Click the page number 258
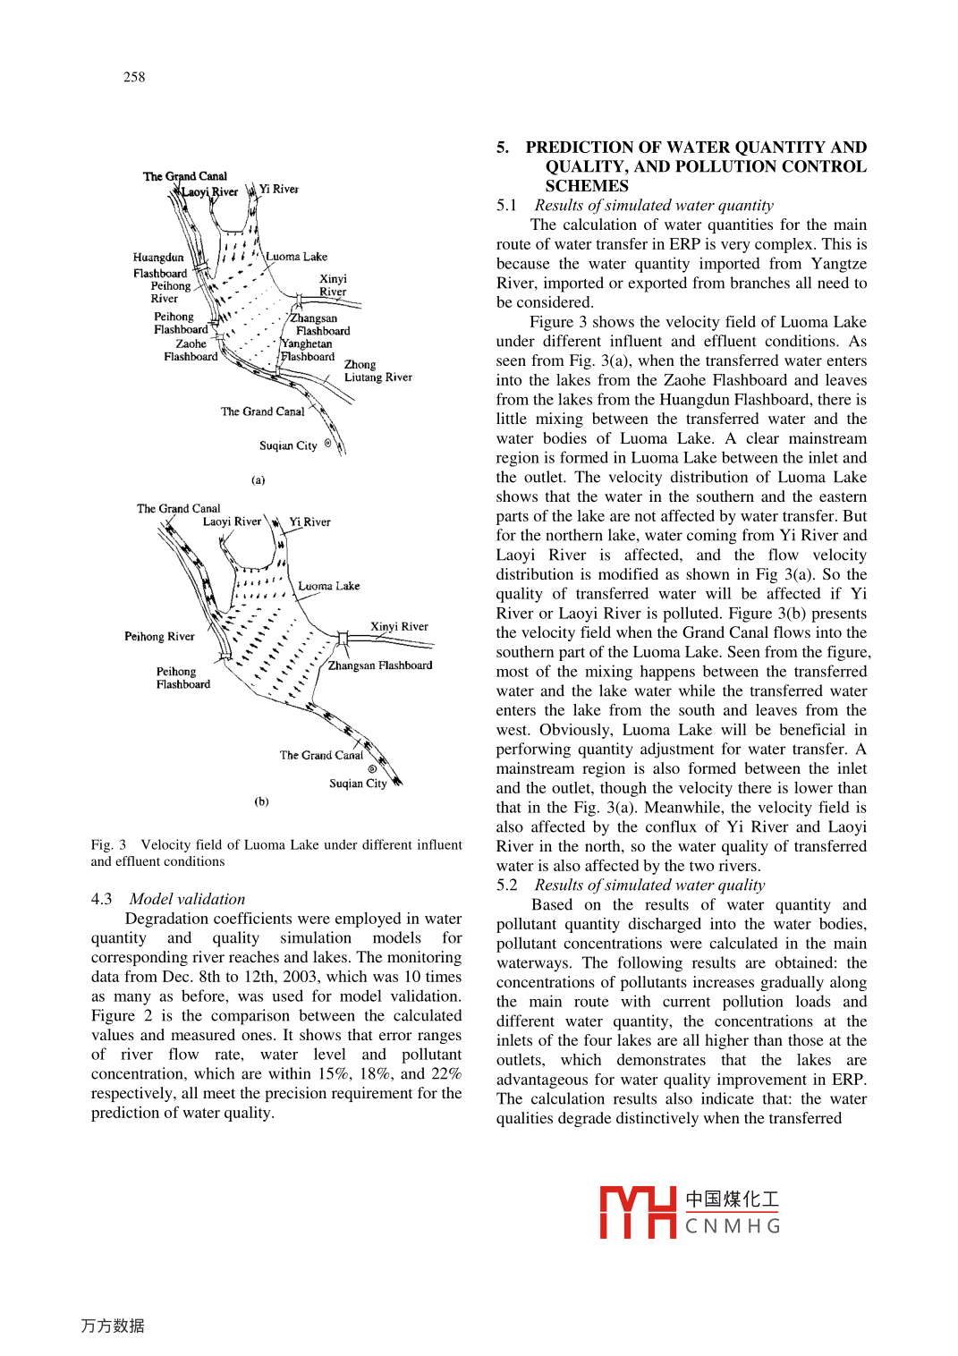tap(134, 77)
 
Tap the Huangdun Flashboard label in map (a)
tap(159, 265)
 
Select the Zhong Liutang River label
tap(377, 371)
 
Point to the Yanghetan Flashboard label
tap(307, 350)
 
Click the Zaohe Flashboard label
tap(191, 350)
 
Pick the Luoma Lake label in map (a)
tap(296, 257)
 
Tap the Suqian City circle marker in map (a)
tap(327, 443)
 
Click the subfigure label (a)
tap(258, 480)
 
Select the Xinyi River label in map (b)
tap(399, 626)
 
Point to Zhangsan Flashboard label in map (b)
tap(380, 665)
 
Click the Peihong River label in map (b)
tap(159, 637)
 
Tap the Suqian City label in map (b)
tap(358, 784)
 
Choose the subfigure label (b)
tap(261, 801)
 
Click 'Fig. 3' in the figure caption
tap(108, 844)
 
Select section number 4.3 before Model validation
tap(101, 899)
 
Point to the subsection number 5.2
tap(506, 885)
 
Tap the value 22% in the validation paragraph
tap(445, 1073)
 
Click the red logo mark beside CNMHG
tap(637, 1212)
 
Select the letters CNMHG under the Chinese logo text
tap(733, 1226)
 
